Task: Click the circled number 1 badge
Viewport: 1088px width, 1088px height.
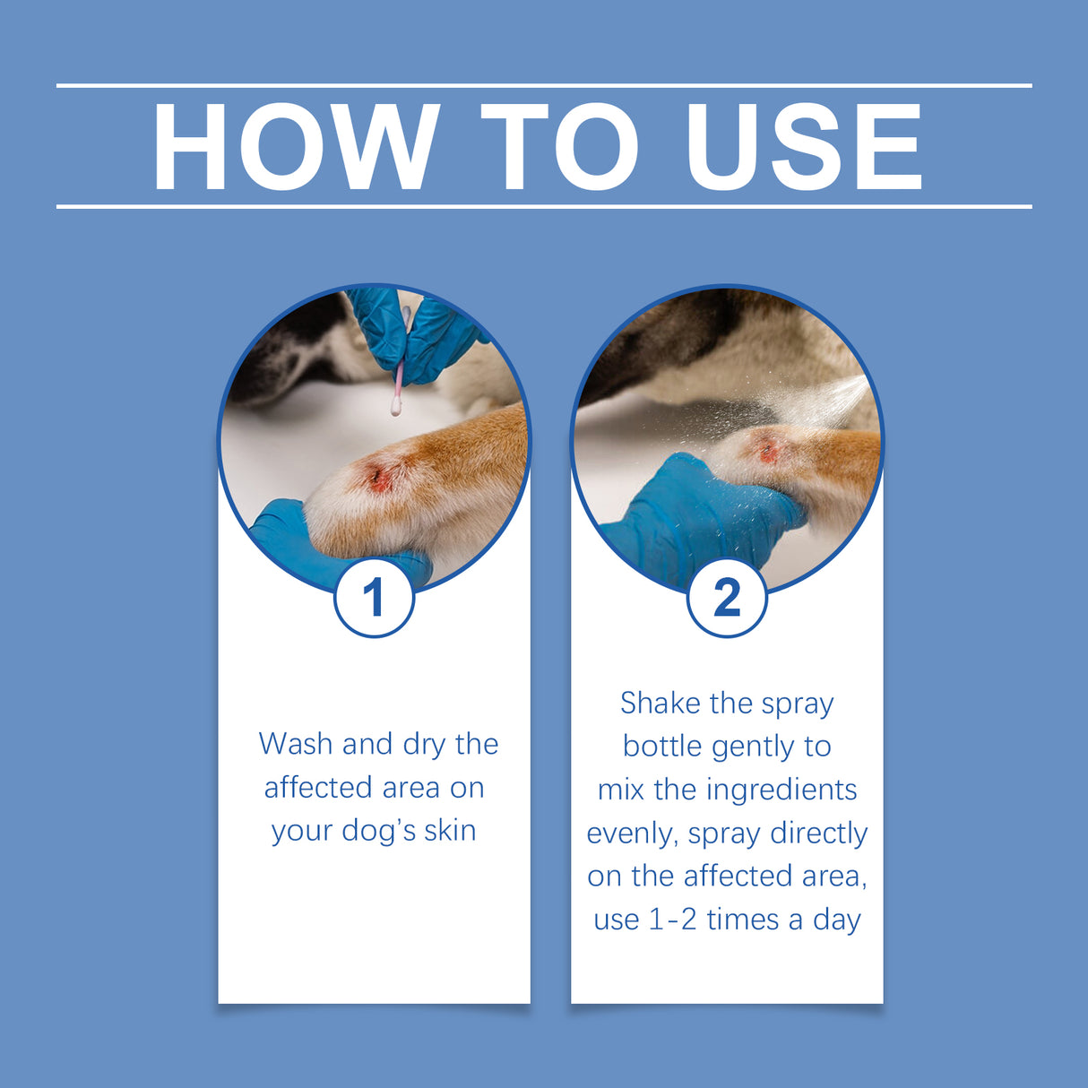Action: pyautogui.click(x=374, y=597)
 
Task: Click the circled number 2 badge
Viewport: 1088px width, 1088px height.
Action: pyautogui.click(x=727, y=597)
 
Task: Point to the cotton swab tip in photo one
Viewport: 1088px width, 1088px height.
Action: pyautogui.click(x=393, y=410)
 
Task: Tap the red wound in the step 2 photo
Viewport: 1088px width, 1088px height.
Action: pyautogui.click(x=768, y=451)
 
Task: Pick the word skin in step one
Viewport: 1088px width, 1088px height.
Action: pyautogui.click(x=450, y=831)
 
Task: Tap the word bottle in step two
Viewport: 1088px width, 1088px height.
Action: pyautogui.click(x=664, y=746)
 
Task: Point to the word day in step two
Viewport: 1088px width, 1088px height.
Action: pyautogui.click(x=836, y=920)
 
